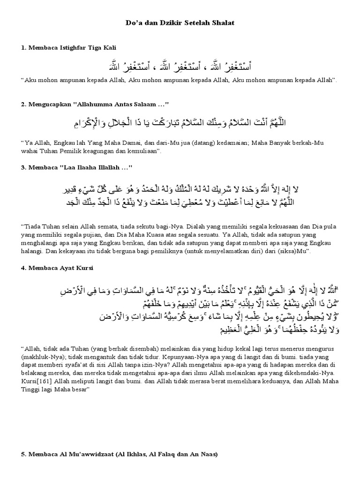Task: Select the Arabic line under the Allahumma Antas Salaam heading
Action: pos(180,123)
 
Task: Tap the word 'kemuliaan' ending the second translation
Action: pos(143,151)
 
